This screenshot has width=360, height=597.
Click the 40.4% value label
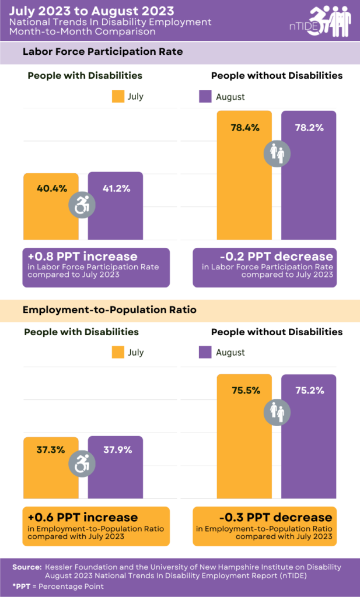click(51, 188)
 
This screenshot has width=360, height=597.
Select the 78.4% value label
click(244, 128)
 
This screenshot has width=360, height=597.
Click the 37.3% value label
click(51, 449)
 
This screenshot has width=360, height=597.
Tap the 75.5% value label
click(244, 391)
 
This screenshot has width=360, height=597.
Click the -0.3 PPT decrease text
click(274, 517)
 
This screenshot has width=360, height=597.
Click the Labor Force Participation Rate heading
click(103, 52)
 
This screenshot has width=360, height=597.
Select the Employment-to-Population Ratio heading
click(110, 310)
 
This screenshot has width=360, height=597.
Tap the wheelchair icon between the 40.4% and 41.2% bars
click(83, 205)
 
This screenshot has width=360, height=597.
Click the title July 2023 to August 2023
click(92, 10)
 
